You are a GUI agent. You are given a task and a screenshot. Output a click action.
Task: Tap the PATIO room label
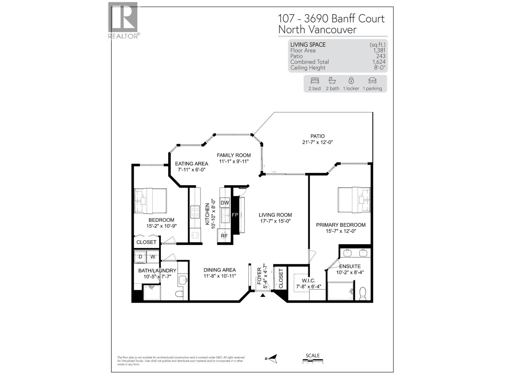point(317,136)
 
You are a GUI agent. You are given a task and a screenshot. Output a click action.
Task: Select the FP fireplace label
point(235,215)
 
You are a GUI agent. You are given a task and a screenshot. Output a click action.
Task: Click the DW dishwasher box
point(225,203)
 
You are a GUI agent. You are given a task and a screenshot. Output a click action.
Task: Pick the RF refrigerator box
point(224,236)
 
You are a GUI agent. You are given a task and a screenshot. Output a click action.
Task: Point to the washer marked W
point(153,257)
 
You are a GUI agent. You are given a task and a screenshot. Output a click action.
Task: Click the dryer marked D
point(140,257)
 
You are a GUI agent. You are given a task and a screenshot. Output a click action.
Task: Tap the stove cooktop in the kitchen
point(195,212)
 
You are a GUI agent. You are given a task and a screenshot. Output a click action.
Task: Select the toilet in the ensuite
point(363,293)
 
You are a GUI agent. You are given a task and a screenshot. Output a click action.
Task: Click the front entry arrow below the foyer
point(263,295)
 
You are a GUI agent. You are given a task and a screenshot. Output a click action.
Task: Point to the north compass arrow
point(272,358)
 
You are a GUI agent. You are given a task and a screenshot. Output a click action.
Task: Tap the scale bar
point(312,360)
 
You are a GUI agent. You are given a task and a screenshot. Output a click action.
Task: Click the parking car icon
point(372,81)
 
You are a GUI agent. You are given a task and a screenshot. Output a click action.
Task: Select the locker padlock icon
point(351,81)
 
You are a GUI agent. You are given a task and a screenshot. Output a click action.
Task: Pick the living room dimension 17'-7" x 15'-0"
point(275,221)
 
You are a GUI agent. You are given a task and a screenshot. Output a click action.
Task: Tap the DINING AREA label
point(219,270)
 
